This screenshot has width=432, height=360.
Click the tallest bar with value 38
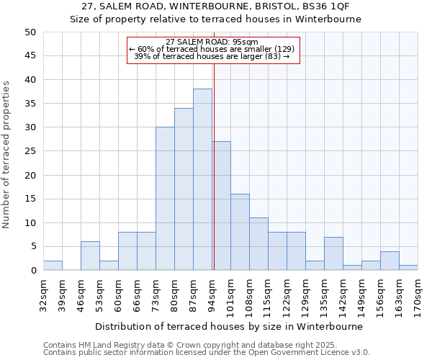202,180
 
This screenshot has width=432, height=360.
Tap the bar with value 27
221,206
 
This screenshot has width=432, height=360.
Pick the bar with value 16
240,232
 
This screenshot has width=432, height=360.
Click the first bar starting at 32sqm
53,266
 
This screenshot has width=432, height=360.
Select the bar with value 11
258,244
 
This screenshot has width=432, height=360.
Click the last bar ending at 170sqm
408,268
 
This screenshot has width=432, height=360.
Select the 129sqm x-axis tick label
305,292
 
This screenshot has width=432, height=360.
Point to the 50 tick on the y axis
30,32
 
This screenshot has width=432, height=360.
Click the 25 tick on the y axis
30,151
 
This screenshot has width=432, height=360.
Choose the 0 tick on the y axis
33,271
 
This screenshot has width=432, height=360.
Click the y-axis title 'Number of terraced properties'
7,155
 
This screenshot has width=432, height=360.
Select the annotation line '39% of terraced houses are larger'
212,56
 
